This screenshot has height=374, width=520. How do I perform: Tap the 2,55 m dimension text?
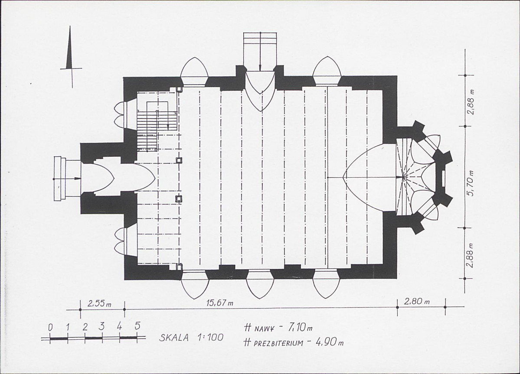99,303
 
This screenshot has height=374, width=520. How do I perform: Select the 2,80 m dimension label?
417,302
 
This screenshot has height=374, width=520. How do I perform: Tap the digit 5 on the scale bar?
137,325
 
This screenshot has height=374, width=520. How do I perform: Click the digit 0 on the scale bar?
50,328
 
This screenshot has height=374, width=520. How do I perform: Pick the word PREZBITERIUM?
278,343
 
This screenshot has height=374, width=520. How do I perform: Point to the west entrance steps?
60,179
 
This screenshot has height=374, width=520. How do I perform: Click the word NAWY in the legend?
264,329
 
